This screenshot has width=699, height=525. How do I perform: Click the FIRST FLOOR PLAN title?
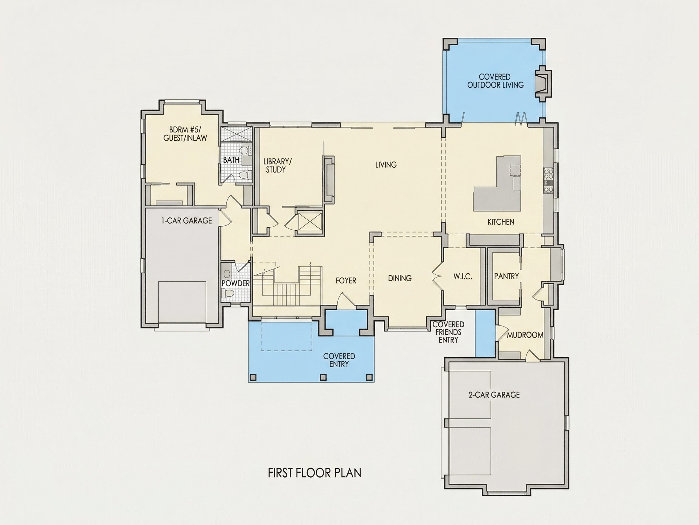314,482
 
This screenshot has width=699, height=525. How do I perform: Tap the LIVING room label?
386,165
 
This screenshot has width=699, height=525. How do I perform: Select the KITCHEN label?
501,222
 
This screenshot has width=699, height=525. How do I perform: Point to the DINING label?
400,278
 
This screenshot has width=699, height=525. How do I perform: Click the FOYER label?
346,280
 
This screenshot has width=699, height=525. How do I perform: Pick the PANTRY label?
507,276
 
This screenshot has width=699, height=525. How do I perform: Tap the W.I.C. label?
463,277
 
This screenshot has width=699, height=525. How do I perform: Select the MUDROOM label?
525,335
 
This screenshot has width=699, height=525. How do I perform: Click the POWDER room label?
236,283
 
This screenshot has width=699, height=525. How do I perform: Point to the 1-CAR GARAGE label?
187,221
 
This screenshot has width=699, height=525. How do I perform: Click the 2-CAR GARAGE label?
494,395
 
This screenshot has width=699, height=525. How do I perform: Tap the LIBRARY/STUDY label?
278,166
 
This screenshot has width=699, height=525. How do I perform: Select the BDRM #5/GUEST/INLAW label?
185,134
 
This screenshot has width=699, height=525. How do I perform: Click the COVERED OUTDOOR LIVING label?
495,81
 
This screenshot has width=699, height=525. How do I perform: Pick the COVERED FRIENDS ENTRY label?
448,332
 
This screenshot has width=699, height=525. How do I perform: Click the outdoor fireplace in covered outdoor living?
543,84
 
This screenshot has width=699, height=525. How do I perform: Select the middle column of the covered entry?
323,377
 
